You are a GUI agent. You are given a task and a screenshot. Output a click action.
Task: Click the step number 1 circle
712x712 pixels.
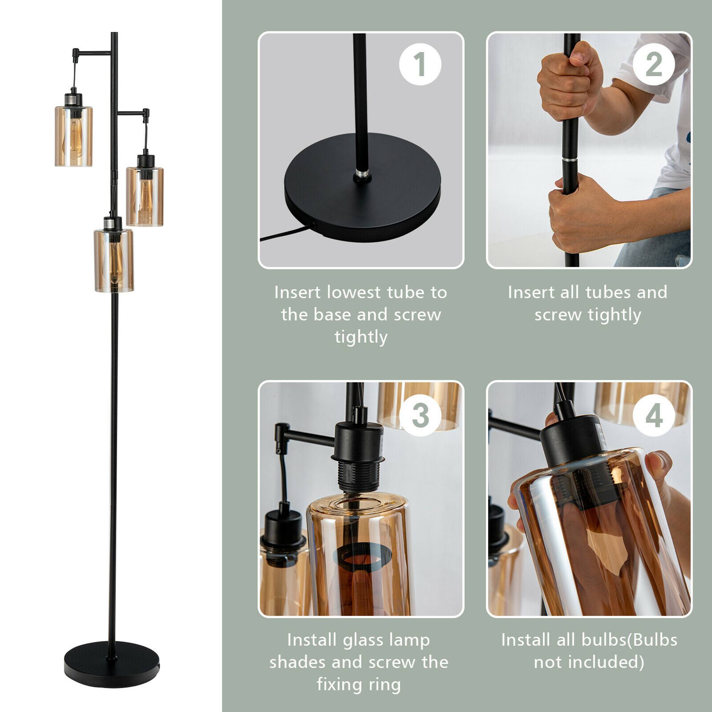420,64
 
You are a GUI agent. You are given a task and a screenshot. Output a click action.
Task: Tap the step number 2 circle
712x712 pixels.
654,64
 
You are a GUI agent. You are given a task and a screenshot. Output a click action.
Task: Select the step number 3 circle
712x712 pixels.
420,415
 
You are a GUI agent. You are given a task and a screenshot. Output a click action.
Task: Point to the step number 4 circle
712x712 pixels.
654,415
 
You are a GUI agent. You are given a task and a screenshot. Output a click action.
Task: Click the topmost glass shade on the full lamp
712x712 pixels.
73,136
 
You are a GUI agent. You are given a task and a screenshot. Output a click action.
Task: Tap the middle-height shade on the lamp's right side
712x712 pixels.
145,196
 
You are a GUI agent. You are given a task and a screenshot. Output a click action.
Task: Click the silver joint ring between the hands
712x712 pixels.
570,160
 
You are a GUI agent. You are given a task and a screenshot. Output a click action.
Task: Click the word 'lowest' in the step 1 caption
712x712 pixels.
354,293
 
